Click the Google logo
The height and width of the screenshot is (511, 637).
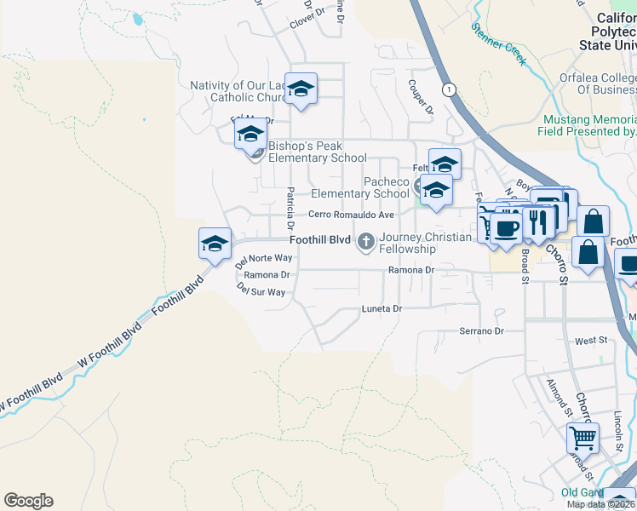[28, 501]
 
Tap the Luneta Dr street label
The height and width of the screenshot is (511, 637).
[381, 308]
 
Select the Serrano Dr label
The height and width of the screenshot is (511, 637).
[481, 330]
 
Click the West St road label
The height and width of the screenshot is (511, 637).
[590, 341]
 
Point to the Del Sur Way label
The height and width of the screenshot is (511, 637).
[261, 291]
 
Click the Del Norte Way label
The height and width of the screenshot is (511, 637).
[264, 257]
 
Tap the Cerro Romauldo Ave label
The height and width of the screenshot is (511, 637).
[351, 215]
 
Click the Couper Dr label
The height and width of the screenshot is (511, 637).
[421, 97]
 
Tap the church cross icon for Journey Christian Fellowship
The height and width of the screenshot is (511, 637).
[366, 242]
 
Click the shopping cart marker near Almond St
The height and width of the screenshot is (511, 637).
[582, 439]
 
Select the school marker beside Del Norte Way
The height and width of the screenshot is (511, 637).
[215, 244]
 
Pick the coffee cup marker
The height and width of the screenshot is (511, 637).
[506, 228]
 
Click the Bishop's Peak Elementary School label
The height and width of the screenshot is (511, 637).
[318, 152]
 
